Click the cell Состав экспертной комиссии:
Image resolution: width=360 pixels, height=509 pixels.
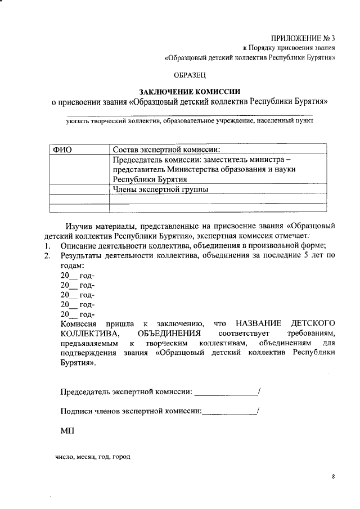pos(166,150)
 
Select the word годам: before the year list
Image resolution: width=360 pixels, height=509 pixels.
pos(73,265)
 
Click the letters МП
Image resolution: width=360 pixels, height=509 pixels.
pos(66,431)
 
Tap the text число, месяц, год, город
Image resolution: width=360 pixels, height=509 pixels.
pos(92,457)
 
